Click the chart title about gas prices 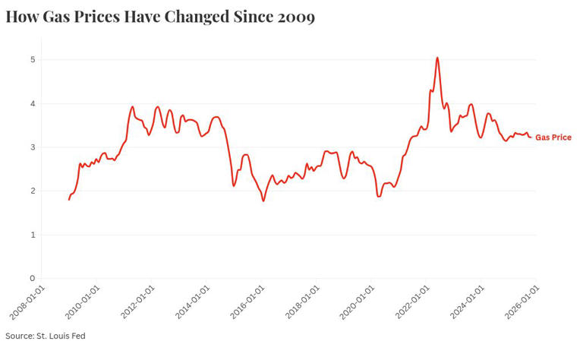(x=159, y=16)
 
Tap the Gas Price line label (x=553, y=137)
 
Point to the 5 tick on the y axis (x=32, y=59)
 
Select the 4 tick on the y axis (x=32, y=103)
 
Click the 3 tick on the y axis (x=32, y=147)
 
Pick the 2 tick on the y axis (x=32, y=191)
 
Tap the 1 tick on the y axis (x=32, y=235)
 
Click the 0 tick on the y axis (x=32, y=279)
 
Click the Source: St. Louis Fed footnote (x=45, y=335)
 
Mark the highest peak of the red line (x=437, y=58)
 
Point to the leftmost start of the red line (x=69, y=200)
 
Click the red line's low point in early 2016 (x=263, y=201)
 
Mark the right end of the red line (x=531, y=137)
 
